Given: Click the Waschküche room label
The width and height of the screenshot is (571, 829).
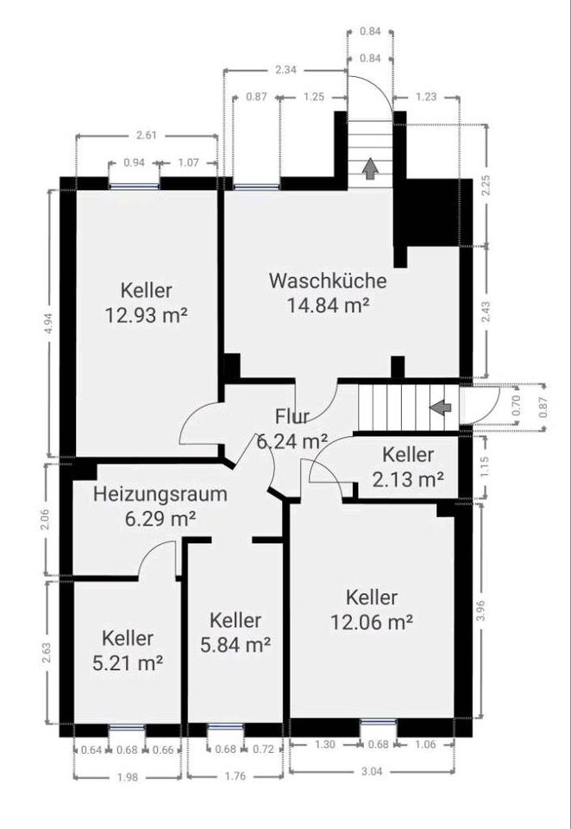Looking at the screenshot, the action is point(328,280).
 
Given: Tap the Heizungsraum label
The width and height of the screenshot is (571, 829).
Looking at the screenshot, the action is point(160,495).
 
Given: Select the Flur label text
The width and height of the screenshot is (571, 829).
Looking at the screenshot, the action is point(292,416).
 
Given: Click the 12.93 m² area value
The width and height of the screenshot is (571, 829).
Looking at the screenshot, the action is point(147,316).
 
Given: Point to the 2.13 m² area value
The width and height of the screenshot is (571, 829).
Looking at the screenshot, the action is point(408,479).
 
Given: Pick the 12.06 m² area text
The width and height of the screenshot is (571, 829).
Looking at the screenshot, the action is point(372,623).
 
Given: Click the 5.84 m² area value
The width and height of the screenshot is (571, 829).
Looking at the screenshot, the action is point(235,644).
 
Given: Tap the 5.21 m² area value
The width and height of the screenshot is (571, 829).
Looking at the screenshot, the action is point(128,662).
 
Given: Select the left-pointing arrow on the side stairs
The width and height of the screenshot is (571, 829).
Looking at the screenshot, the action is point(441,407).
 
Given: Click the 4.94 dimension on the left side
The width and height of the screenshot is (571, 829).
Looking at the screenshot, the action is point(50,322).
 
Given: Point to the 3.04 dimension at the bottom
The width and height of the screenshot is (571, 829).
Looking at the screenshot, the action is point(372,771).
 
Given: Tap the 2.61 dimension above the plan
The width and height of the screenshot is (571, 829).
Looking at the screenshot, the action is point(147,136).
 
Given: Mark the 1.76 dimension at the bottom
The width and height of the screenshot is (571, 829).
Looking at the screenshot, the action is point(235,776).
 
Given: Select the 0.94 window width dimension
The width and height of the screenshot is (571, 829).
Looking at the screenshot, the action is point(135,162).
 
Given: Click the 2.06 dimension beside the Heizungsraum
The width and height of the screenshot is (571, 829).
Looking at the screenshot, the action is point(46,519).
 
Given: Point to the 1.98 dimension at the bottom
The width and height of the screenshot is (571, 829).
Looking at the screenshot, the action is point(128,776).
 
